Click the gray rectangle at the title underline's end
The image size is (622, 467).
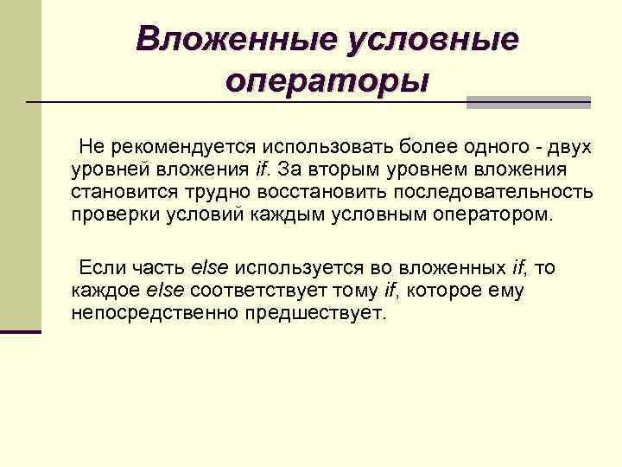[529, 102]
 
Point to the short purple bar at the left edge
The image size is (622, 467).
[21, 331]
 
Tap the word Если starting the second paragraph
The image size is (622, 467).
[98, 267]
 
